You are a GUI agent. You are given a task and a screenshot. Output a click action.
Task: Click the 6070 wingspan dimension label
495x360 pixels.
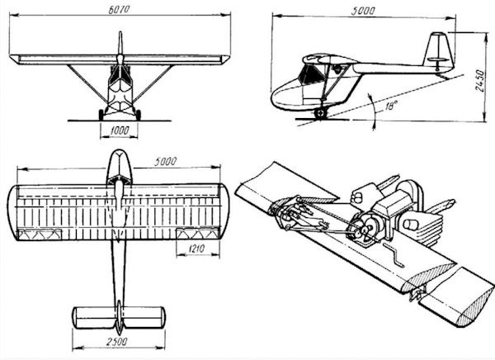point(119,9)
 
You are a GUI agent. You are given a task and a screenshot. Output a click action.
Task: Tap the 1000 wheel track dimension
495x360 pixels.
point(120,130)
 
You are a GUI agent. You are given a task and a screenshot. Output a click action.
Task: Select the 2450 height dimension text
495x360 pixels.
point(479,81)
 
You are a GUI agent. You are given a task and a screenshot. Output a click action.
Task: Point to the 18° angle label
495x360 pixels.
point(390,106)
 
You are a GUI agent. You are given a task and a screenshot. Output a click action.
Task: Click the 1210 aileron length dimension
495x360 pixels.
point(196,249)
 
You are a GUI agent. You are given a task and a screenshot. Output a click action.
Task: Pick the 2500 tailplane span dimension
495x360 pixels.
point(116,341)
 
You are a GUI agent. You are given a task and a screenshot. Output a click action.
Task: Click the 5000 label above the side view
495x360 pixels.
point(363,11)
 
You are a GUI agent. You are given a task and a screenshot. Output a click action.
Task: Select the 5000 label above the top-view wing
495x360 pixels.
point(166,162)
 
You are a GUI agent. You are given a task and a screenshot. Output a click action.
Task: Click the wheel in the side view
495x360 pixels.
point(320,113)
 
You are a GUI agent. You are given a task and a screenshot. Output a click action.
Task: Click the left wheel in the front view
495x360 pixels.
point(101,115)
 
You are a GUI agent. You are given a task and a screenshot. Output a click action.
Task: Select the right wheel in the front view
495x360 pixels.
point(138,115)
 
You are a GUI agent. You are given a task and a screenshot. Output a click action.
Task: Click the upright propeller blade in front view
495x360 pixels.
point(120,43)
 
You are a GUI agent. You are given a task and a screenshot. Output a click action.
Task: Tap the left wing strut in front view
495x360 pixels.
point(87,83)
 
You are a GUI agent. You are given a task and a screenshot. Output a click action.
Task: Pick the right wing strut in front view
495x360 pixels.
point(153,83)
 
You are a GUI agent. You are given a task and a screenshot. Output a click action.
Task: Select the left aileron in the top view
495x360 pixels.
point(40,234)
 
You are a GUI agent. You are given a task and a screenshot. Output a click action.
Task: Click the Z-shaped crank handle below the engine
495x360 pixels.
point(394,255)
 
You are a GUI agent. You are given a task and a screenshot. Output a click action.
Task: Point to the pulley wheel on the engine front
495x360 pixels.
point(366,228)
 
